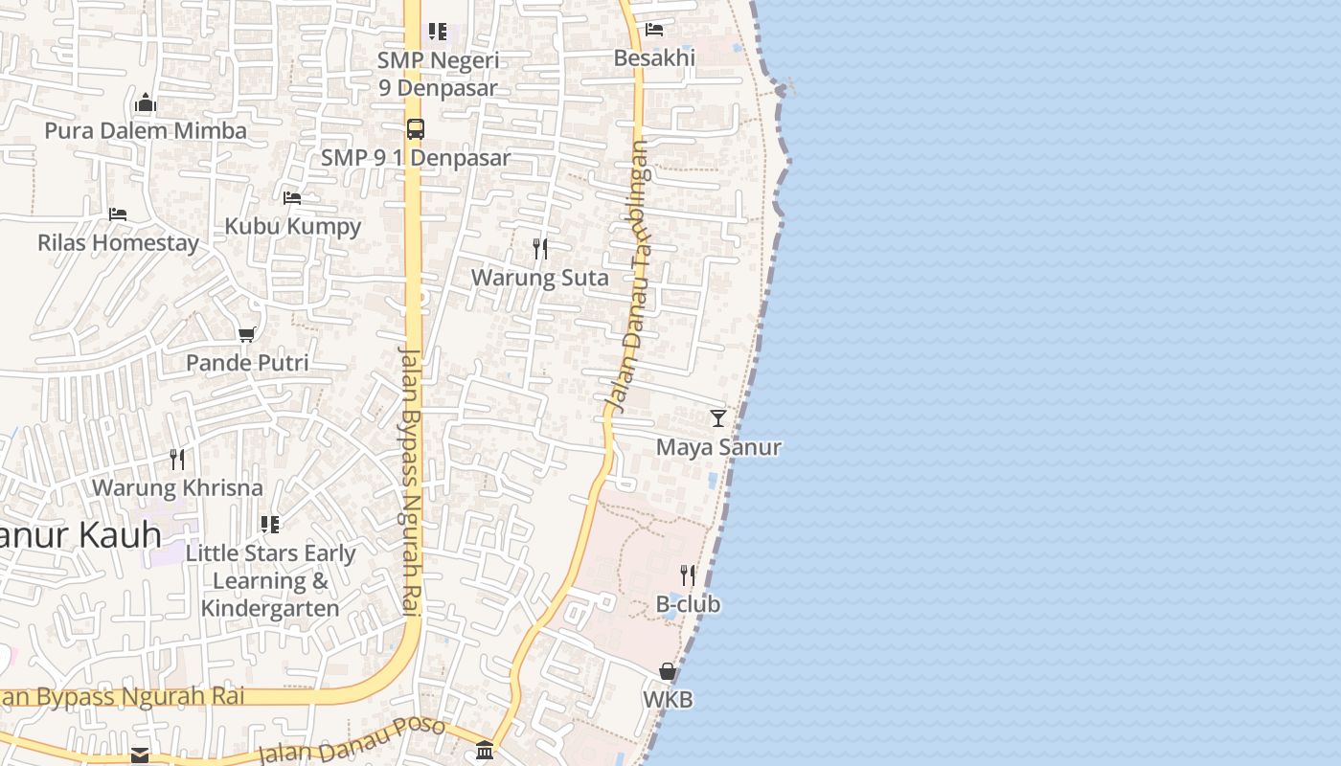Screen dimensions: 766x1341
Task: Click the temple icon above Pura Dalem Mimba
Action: tap(146, 102)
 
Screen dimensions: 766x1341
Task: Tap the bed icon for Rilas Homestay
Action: tap(118, 214)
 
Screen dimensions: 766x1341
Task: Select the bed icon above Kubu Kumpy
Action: tap(292, 198)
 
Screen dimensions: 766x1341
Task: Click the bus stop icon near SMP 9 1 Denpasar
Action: tap(416, 129)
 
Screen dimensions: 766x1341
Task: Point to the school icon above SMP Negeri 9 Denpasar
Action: tap(438, 32)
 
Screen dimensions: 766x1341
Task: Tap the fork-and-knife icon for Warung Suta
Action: tap(540, 249)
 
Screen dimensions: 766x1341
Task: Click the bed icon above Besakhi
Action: tap(654, 29)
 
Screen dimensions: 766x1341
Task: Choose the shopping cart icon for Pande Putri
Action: tap(247, 334)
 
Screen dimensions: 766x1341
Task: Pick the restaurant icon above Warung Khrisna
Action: tap(177, 459)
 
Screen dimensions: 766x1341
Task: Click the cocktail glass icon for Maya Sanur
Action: tap(718, 418)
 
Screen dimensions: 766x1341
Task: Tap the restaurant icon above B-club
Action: tap(688, 575)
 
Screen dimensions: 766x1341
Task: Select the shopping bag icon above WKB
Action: tap(668, 671)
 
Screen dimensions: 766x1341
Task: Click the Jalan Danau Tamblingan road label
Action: tap(628, 278)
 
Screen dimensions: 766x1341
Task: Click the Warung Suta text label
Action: tap(540, 278)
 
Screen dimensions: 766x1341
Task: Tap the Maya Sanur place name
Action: tap(718, 447)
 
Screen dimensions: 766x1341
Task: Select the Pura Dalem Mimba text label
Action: tap(146, 130)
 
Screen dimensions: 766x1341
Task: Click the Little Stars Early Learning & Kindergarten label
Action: tap(270, 580)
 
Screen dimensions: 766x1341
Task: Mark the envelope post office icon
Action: tap(140, 755)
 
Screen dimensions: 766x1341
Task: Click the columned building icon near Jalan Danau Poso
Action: tap(485, 751)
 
